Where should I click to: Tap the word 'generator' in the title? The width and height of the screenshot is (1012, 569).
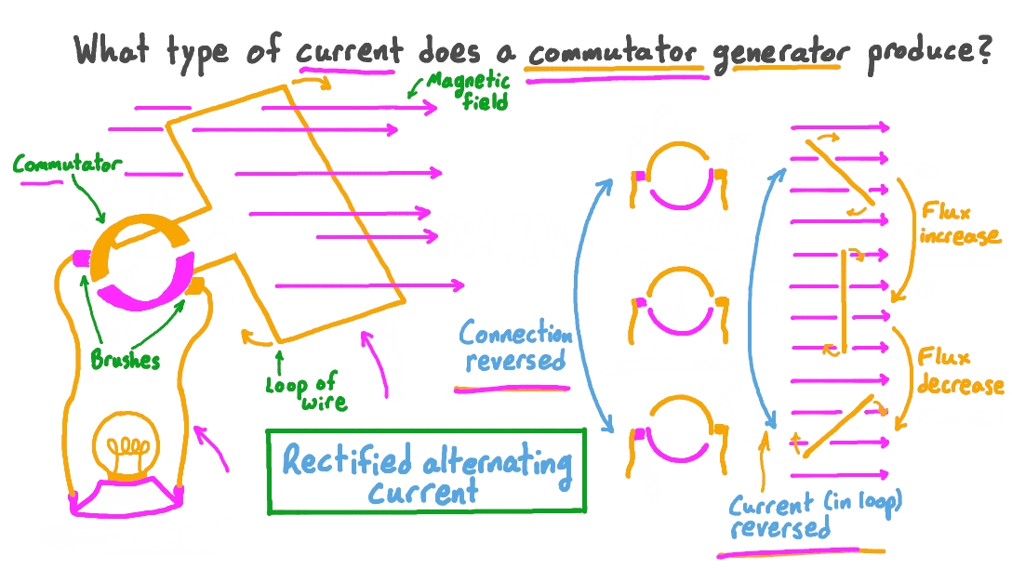click(781, 52)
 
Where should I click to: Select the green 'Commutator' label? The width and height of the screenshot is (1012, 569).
click(67, 165)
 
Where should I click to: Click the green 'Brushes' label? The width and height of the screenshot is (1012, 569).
click(125, 361)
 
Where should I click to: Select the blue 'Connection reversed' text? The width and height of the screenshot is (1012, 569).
click(515, 347)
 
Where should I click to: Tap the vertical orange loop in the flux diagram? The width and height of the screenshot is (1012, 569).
click(844, 300)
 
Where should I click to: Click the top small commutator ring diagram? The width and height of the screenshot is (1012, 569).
click(679, 176)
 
